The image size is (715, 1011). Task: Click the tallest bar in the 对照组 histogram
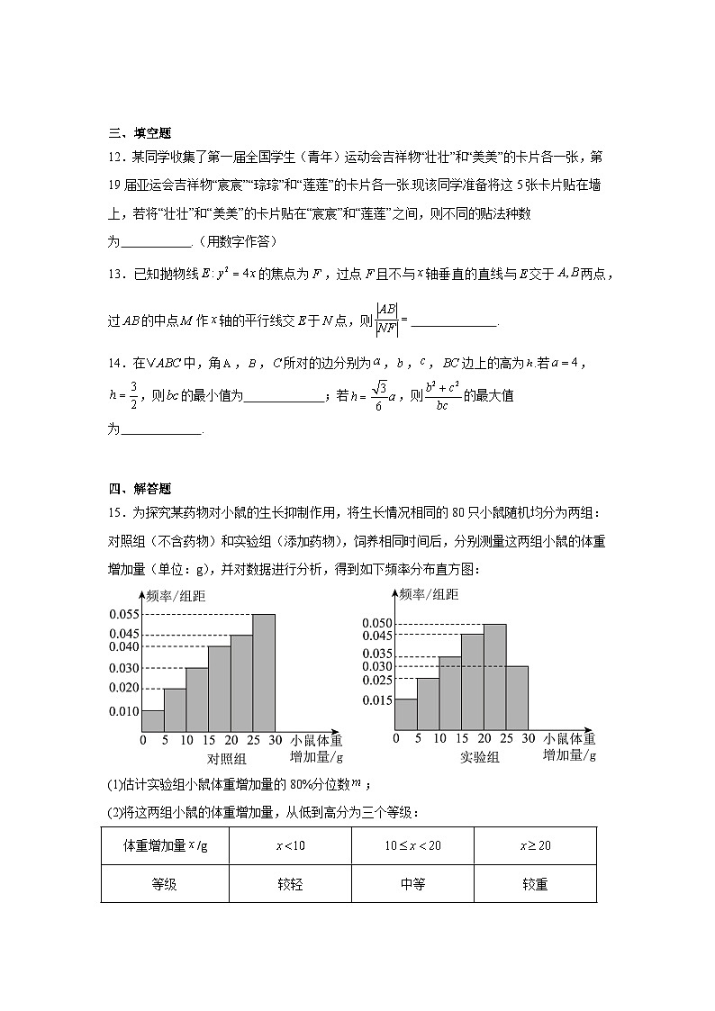(263, 672)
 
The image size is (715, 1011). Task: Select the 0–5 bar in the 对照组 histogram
(153, 720)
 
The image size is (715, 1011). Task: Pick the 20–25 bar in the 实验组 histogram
(494, 676)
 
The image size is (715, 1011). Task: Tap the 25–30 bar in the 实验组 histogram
(517, 697)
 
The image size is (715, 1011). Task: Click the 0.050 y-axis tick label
(376, 624)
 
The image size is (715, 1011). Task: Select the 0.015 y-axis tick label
(376, 700)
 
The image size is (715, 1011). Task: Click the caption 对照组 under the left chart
(213, 757)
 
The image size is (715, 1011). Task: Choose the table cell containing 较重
(534, 884)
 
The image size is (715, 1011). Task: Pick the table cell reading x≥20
(534, 845)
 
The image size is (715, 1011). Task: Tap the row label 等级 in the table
(164, 884)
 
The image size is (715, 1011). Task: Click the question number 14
(115, 363)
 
